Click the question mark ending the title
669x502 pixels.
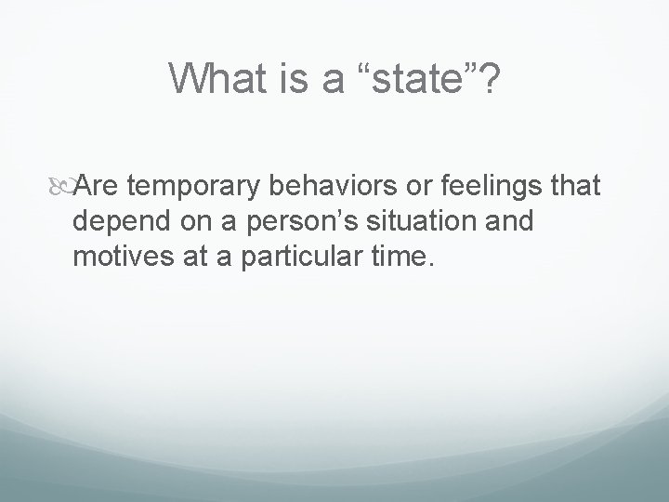[x=489, y=79]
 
